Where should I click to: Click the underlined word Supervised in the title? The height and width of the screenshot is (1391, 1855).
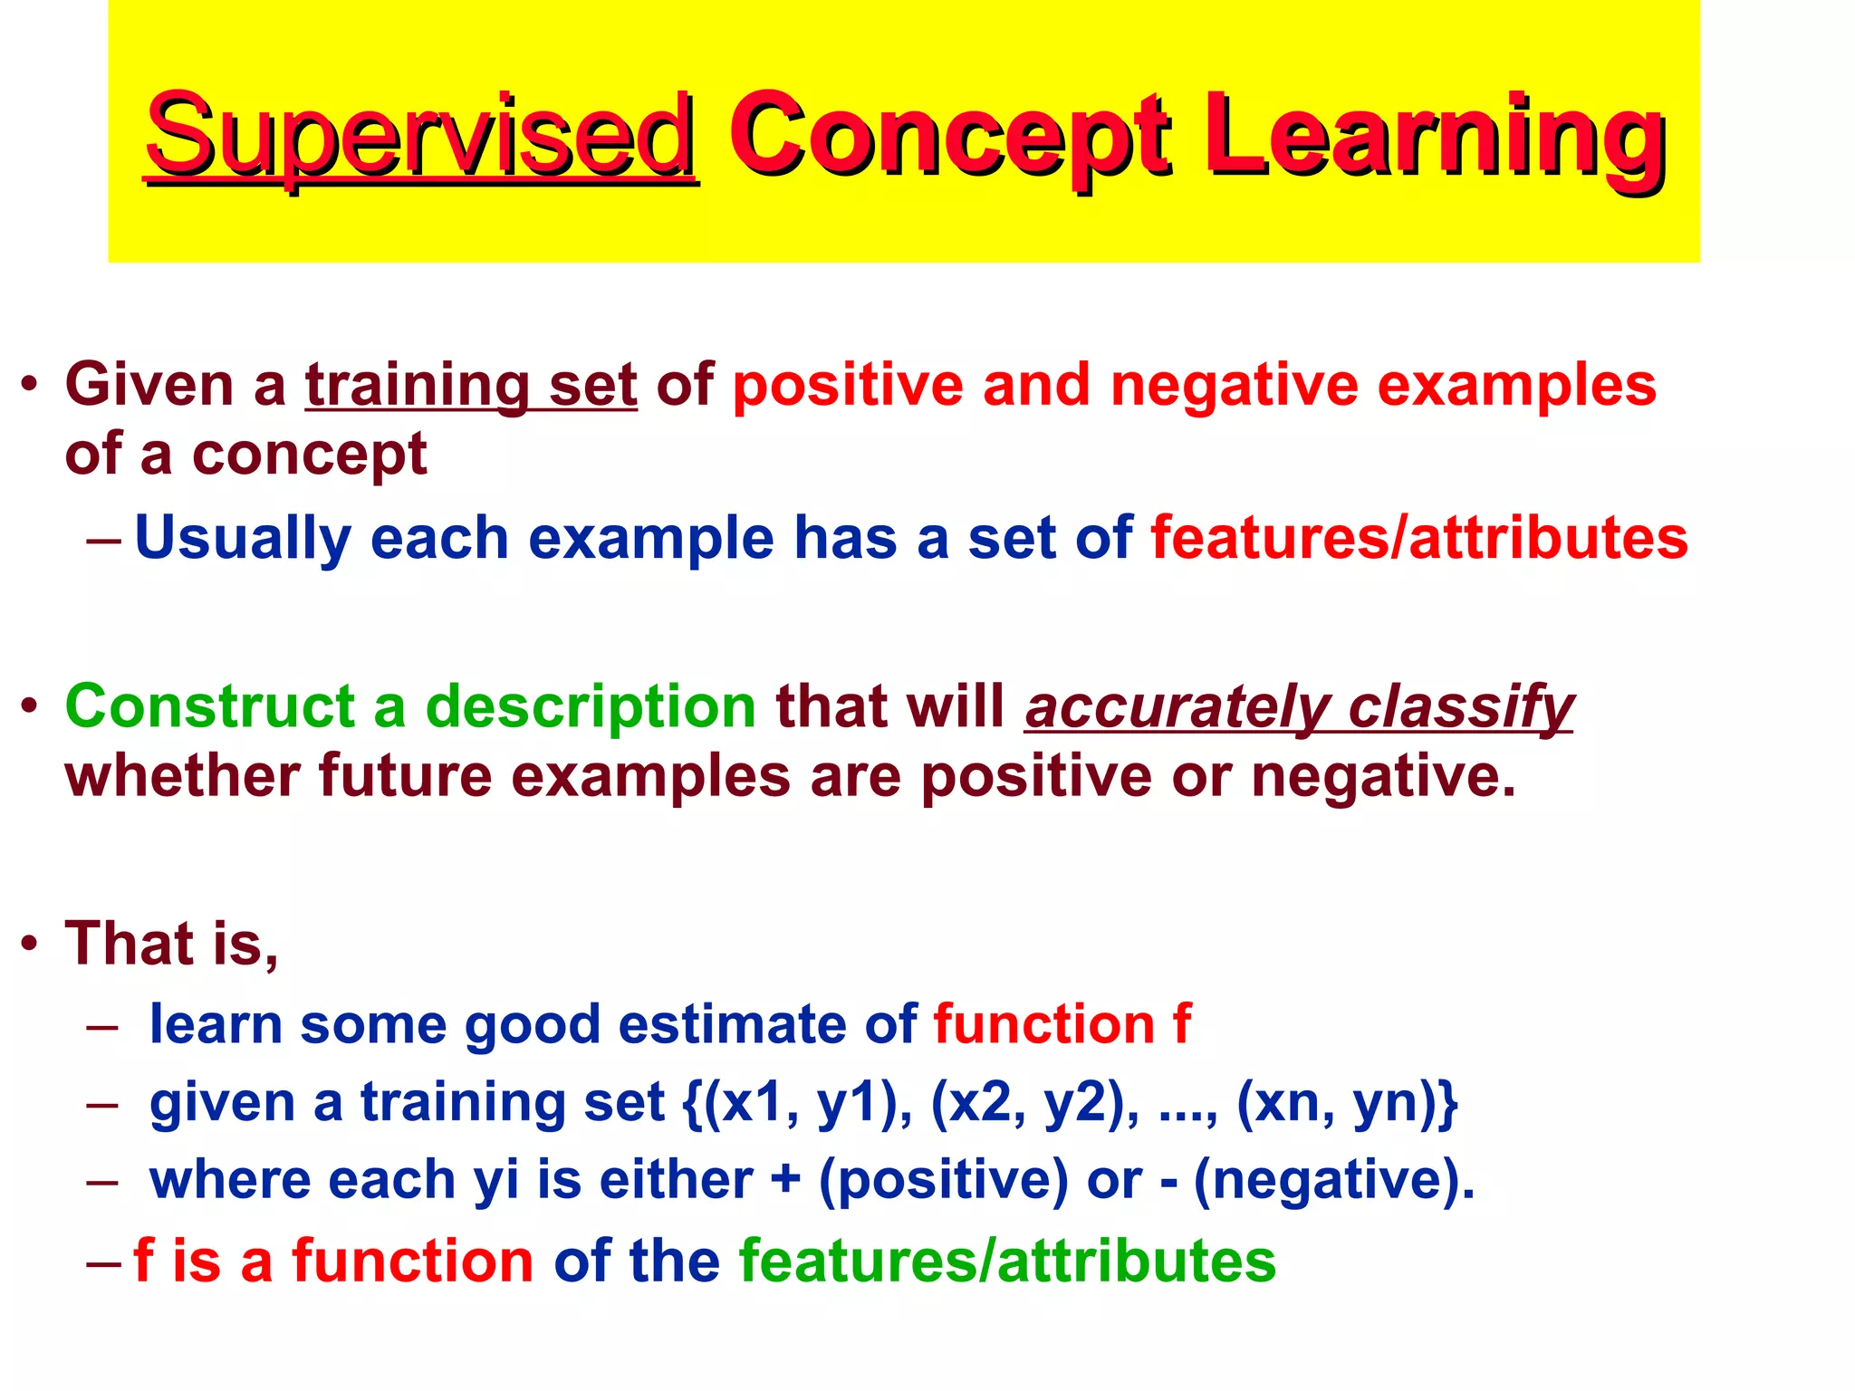[420, 136]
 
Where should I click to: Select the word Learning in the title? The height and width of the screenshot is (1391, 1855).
[1435, 136]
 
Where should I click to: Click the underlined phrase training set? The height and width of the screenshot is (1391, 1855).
[471, 386]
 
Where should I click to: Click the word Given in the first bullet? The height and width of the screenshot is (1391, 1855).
[149, 386]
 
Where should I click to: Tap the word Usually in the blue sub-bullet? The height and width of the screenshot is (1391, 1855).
[243, 538]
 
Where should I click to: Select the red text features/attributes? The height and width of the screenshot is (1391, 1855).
[1418, 538]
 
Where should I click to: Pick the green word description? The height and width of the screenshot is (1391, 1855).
[591, 706]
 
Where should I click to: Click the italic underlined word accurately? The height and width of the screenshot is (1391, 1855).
[1176, 706]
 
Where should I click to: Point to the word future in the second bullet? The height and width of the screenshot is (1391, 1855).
[404, 777]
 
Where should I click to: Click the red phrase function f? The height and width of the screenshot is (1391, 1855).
[1062, 1025]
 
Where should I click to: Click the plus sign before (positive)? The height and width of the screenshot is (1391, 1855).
[785, 1181]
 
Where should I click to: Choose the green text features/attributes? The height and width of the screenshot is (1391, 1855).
[1007, 1261]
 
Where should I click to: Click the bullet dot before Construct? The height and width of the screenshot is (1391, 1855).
[31, 706]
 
